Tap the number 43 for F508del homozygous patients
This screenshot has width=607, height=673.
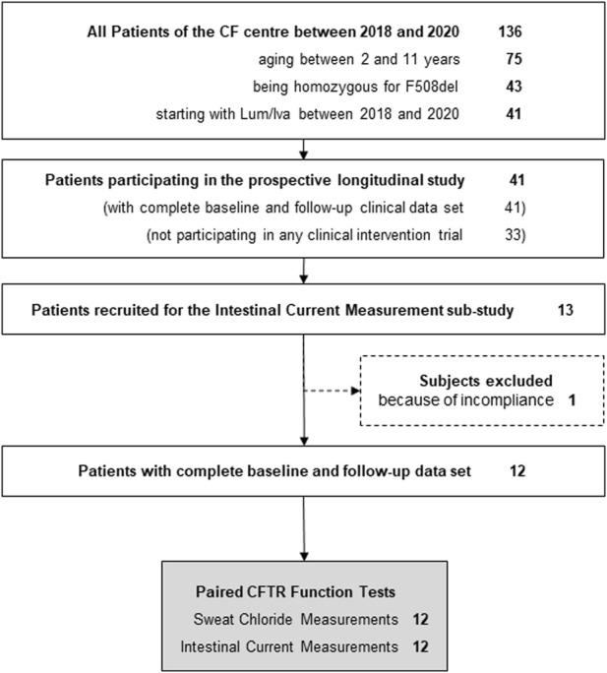pos(512,88)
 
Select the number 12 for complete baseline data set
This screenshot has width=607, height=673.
pos(516,471)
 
